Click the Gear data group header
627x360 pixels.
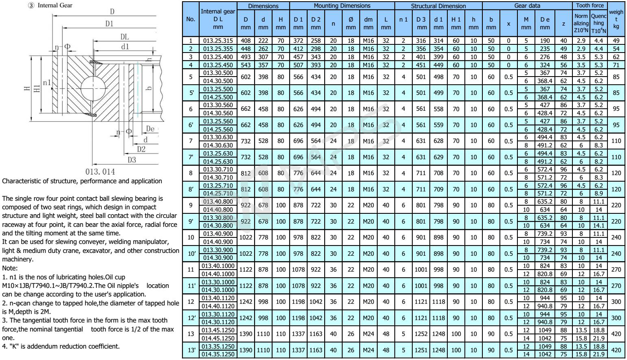coord(527,6)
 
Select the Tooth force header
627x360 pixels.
coord(590,6)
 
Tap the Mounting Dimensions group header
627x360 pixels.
coord(342,6)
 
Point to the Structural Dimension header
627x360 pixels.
coord(438,6)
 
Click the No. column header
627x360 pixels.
coord(190,19)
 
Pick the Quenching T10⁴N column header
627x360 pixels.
coord(598,23)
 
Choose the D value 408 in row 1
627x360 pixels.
coord(246,41)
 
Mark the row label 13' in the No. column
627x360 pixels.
coord(190,350)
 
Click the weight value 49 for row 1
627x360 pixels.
coord(616,41)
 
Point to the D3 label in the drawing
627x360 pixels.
coord(131,160)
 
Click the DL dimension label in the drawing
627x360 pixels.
coord(124,37)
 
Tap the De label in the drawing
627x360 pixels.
coord(150,129)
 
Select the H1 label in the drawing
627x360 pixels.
coord(37,90)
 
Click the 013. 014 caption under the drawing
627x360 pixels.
coord(100,172)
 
